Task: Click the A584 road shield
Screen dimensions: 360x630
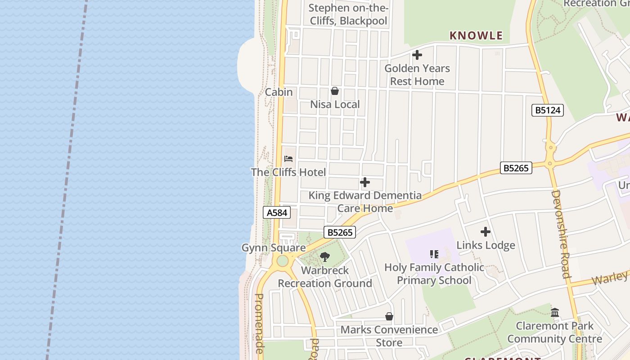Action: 277,212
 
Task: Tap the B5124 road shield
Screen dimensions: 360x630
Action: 547,110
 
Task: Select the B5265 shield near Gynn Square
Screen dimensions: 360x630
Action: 340,232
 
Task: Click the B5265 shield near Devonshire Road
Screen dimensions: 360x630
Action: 516,168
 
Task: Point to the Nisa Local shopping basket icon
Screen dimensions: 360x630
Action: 335,91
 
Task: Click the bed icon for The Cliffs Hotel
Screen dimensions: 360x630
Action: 288,159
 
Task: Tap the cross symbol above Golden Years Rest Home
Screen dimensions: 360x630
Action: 417,55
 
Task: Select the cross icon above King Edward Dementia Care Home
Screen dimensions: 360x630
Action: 365,182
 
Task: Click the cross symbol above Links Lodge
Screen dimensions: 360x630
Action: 486,232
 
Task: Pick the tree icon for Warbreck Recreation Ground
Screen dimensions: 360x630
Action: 325,257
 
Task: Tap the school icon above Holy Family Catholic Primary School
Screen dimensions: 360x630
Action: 434,254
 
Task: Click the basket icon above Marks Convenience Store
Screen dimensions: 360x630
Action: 389,317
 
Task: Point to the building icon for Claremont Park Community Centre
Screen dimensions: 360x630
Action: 555,312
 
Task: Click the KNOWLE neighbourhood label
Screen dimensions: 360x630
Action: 476,36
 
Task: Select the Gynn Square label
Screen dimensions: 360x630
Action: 274,248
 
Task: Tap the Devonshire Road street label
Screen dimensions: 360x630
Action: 561,234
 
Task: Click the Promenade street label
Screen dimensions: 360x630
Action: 260,323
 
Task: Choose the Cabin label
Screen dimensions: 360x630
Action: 279,92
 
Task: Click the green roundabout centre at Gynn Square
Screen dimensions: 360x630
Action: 282,261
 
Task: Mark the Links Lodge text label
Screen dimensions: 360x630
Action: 486,245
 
